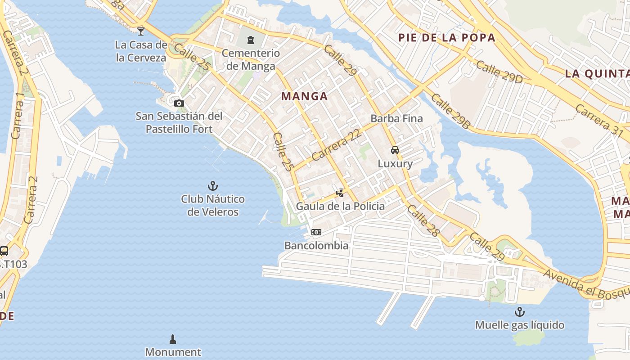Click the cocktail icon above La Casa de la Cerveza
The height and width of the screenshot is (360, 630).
click(x=141, y=31)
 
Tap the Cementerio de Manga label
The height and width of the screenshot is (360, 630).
click(x=251, y=60)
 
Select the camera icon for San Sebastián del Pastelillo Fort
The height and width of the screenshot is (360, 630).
click(x=179, y=103)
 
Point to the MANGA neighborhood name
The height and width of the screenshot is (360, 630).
click(x=304, y=96)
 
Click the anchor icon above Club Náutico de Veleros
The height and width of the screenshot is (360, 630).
click(x=212, y=185)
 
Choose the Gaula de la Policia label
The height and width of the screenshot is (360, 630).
click(x=340, y=206)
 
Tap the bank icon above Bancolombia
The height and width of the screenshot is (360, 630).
click(x=316, y=232)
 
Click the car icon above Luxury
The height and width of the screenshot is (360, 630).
click(x=395, y=150)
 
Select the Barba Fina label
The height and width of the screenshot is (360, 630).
click(x=396, y=118)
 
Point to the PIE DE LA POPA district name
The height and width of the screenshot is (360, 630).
click(x=447, y=37)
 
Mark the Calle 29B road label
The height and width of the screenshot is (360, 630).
click(x=450, y=111)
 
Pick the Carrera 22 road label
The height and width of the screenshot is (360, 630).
click(x=336, y=146)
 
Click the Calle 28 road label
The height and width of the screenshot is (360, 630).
click(x=423, y=220)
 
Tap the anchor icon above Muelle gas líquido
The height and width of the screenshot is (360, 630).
click(x=520, y=311)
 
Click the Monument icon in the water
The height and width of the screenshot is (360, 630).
click(x=173, y=339)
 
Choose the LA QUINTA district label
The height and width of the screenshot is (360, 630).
click(x=597, y=73)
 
